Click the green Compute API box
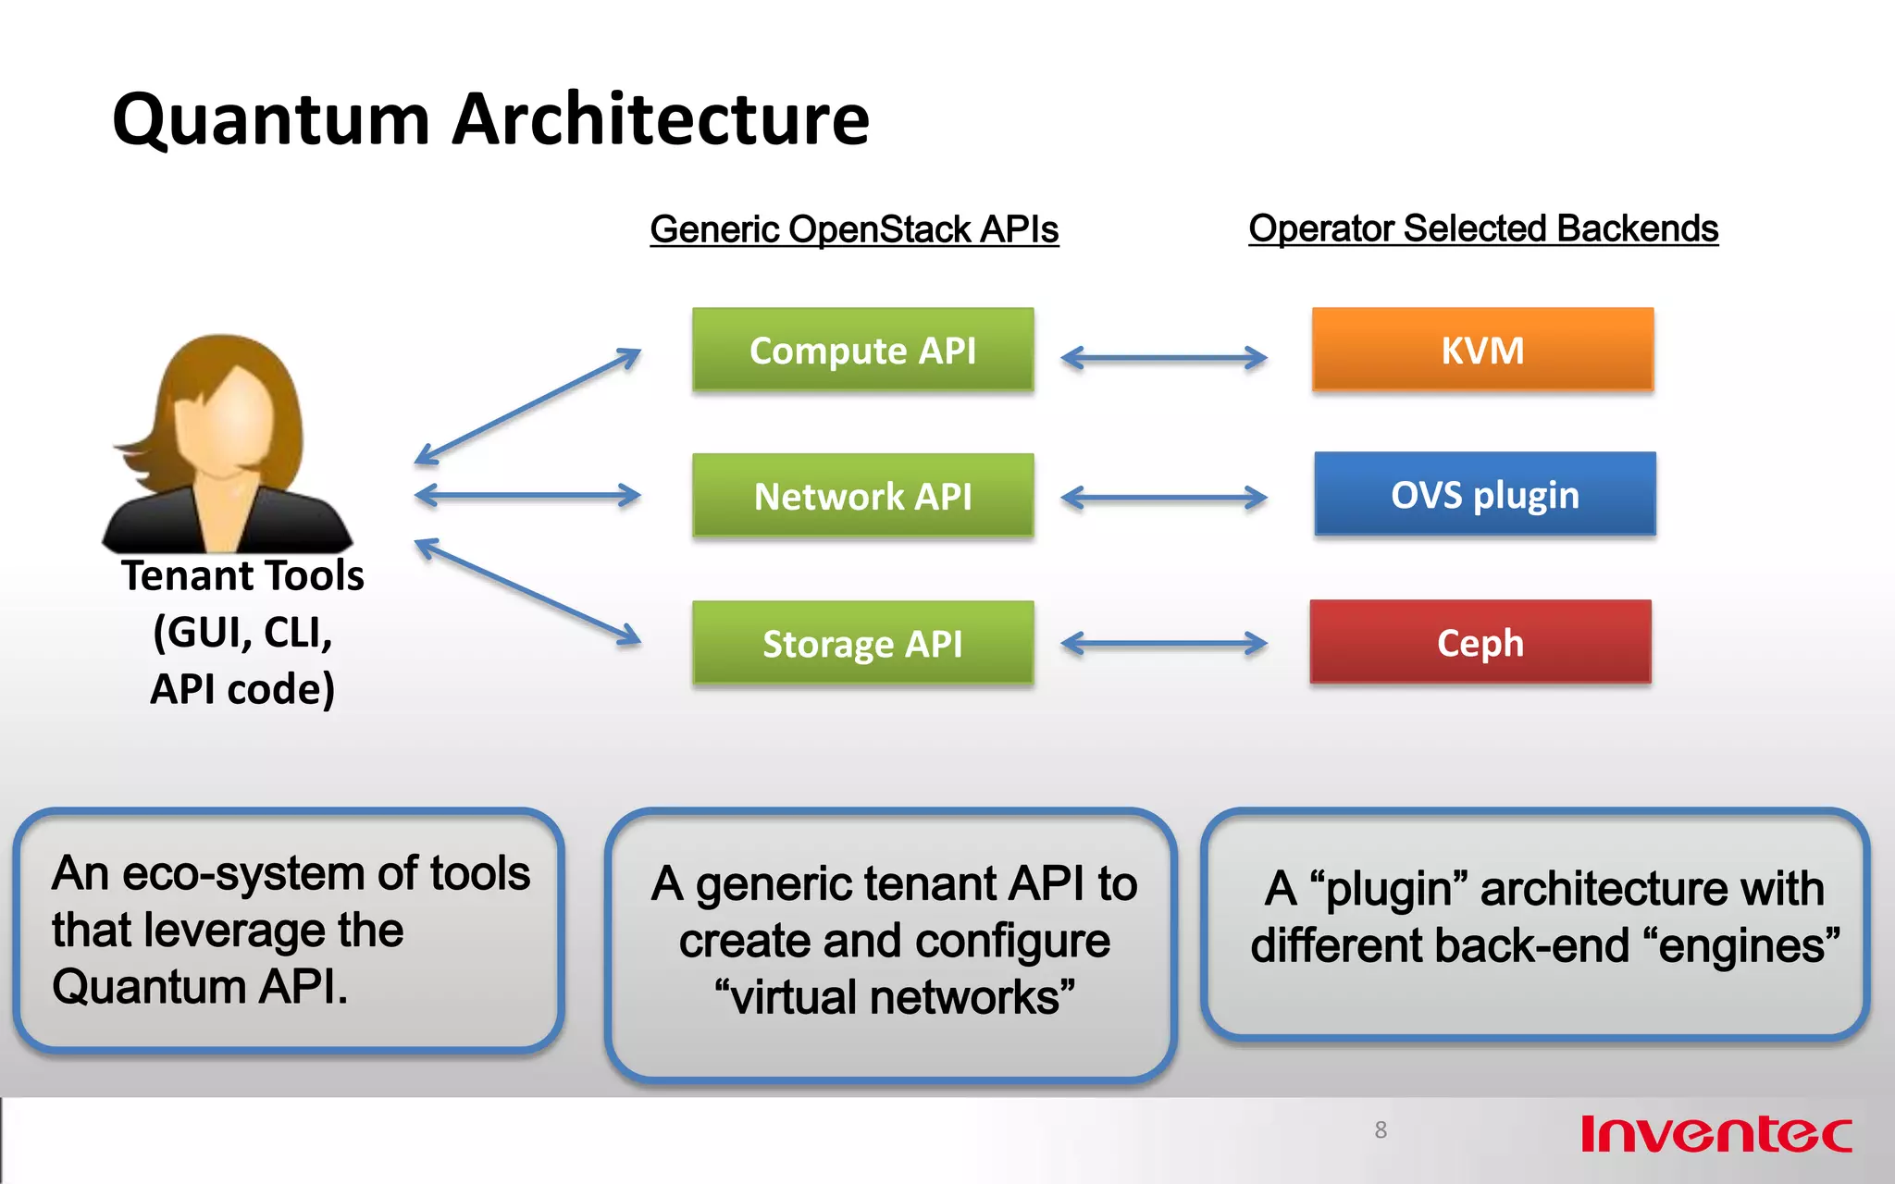click(x=862, y=350)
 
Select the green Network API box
click(x=862, y=496)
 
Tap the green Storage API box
click(x=862, y=643)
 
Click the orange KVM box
click(x=1482, y=350)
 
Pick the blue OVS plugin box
click(x=1484, y=494)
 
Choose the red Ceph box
click(x=1480, y=642)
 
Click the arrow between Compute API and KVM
click(x=1163, y=358)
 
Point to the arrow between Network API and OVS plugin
click(x=1163, y=499)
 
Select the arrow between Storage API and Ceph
click(x=1163, y=644)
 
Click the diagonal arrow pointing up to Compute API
click(x=527, y=406)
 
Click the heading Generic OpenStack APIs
click(x=853, y=229)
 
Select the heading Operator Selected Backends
click(x=1482, y=228)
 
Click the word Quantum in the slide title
click(x=271, y=120)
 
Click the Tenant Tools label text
click(x=242, y=576)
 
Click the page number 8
click(x=1381, y=1130)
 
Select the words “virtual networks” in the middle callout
click(x=894, y=998)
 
